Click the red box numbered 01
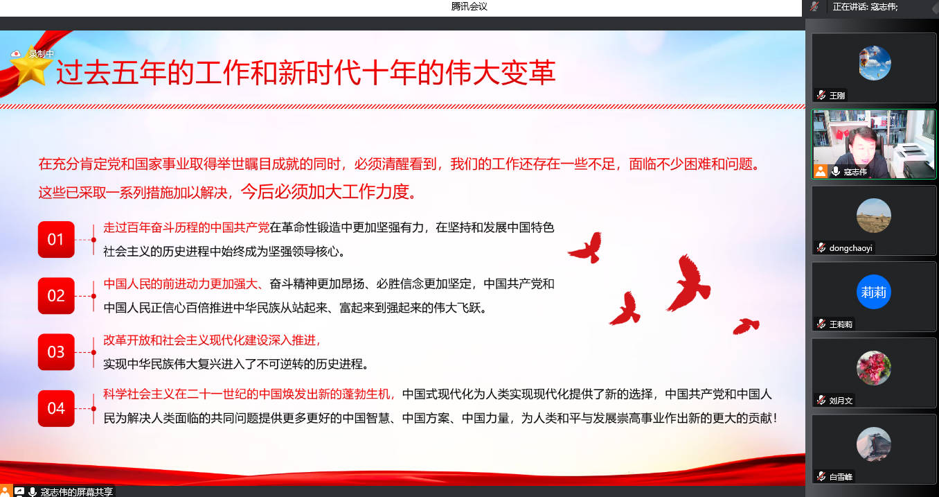click(x=56, y=239)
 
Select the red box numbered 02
click(x=56, y=295)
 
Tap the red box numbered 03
click(x=56, y=351)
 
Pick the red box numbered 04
click(x=56, y=408)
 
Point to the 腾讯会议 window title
click(x=469, y=6)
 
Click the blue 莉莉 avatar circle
click(x=874, y=292)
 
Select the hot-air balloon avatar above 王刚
click(x=874, y=63)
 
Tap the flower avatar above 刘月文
click(x=874, y=367)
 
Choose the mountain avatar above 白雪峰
click(x=874, y=444)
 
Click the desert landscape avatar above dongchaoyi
click(x=874, y=216)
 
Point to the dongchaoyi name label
click(x=850, y=248)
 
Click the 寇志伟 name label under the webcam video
click(x=855, y=172)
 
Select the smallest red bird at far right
click(x=746, y=326)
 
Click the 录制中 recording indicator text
click(x=41, y=54)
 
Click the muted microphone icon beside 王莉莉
click(x=821, y=324)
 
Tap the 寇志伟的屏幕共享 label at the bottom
click(x=77, y=491)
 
